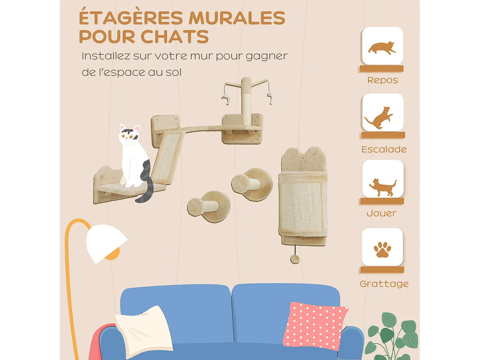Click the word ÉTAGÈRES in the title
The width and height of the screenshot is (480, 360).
[x=131, y=18]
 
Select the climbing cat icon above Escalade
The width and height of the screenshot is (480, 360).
[x=380, y=118]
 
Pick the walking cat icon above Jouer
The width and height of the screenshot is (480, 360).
[x=383, y=187]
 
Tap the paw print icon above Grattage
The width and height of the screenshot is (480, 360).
[x=382, y=250]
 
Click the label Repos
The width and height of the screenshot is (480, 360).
[x=382, y=80]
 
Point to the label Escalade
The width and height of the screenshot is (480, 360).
[x=384, y=149]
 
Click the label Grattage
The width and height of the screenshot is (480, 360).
[x=384, y=284]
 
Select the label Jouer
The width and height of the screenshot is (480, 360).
[x=381, y=213]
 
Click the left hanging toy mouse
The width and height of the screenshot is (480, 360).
[x=226, y=99]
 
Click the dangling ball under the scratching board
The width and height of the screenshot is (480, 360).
[x=295, y=259]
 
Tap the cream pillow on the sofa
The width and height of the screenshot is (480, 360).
[x=144, y=330]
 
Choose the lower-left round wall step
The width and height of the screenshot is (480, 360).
[x=209, y=206]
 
